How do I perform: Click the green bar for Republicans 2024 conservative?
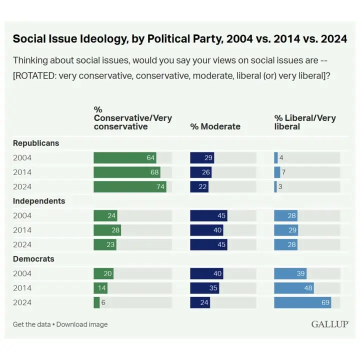point(129,187)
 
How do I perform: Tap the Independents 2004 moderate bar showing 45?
point(208,216)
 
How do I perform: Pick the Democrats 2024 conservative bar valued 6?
point(96,302)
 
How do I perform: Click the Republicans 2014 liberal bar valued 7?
point(277,172)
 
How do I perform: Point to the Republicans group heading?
point(36,143)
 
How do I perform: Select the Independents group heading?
point(39,201)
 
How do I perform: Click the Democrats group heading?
point(34,259)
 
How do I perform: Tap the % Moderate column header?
point(215,126)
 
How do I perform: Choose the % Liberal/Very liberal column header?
point(305,122)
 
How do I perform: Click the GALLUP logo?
point(329,324)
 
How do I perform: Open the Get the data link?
point(31,324)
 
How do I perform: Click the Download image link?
point(82,324)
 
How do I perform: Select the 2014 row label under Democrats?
point(22,288)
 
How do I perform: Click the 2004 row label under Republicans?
point(22,158)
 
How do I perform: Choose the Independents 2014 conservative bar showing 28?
point(107,230)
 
